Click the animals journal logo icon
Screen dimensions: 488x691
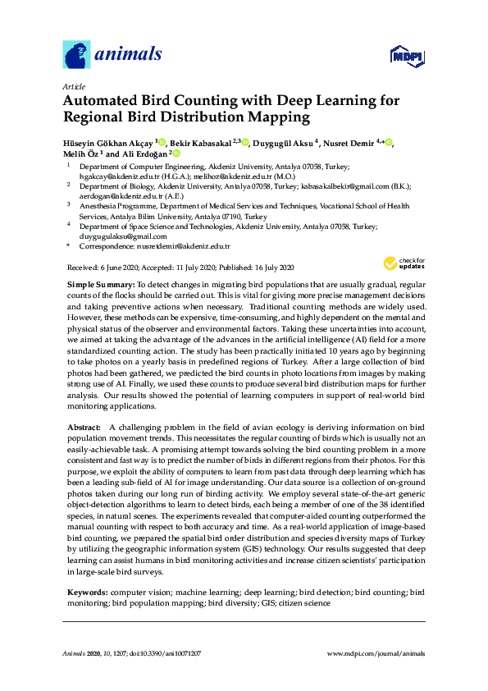point(75,55)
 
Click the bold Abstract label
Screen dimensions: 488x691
point(84,428)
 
